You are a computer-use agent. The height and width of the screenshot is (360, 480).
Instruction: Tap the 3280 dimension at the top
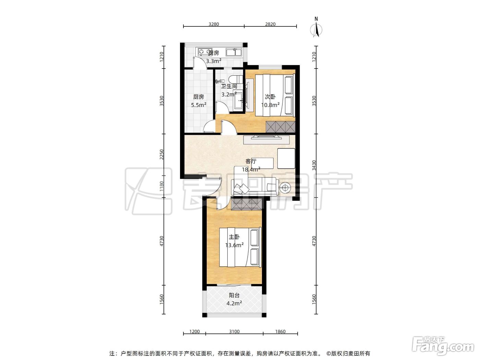pyautogui.click(x=214, y=24)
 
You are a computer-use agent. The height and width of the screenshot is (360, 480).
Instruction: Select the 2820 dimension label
pyautogui.click(x=270, y=24)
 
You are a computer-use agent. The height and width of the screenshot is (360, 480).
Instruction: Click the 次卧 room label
pyautogui.click(x=270, y=97)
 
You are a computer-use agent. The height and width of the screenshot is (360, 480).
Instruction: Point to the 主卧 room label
pyautogui.click(x=234, y=237)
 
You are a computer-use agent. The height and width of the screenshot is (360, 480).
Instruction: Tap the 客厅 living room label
pyautogui.click(x=251, y=161)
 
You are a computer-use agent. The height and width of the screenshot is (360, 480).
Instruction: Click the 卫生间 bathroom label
pyautogui.click(x=229, y=86)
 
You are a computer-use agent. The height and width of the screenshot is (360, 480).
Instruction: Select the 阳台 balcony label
pyautogui.click(x=234, y=295)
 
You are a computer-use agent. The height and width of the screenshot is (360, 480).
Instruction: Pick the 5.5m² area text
pyautogui.click(x=199, y=105)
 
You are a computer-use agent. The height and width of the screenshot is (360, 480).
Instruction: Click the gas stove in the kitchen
pyautogui.click(x=52, y=52)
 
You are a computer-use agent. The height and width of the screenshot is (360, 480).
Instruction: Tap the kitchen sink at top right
pyautogui.click(x=234, y=52)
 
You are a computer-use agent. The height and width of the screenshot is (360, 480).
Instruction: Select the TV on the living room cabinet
pyautogui.click(x=266, y=137)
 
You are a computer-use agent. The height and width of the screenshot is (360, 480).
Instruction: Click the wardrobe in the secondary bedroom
pyautogui.click(x=280, y=127)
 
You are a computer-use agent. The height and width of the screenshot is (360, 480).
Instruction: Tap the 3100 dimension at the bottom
pyautogui.click(x=234, y=332)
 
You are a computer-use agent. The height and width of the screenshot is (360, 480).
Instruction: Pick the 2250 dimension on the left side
pyautogui.click(x=161, y=154)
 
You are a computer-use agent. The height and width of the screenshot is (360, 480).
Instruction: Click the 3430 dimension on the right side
pyautogui.click(x=314, y=165)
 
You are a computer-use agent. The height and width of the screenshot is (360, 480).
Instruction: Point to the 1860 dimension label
pyautogui.click(x=280, y=332)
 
